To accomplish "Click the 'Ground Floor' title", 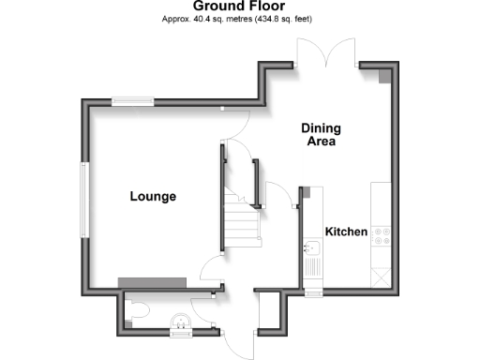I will (x=240, y=7).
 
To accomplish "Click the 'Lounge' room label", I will (x=153, y=197).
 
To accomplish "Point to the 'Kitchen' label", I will (x=345, y=232).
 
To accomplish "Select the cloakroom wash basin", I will (x=179, y=327).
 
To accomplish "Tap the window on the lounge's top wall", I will (x=132, y=100).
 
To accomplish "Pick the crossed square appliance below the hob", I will (x=382, y=276).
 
